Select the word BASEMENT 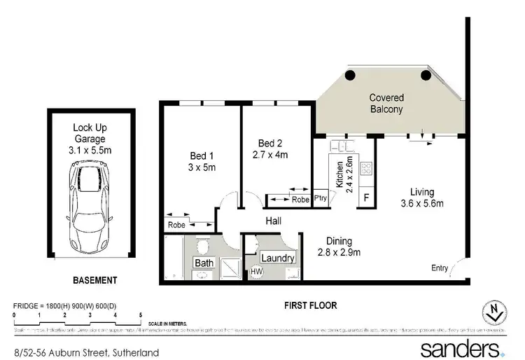[x=95, y=280]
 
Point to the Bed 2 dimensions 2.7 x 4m [x=269, y=155]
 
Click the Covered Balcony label [x=386, y=104]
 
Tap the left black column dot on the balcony [x=350, y=76]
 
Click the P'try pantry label [x=321, y=198]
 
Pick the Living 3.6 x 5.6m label [x=422, y=198]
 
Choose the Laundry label [x=277, y=258]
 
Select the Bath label [x=204, y=263]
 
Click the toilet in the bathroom [x=203, y=245]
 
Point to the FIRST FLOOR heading [x=310, y=305]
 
